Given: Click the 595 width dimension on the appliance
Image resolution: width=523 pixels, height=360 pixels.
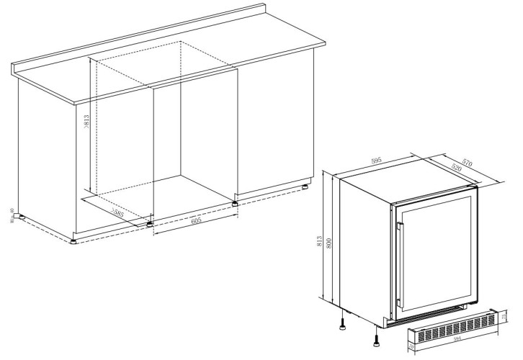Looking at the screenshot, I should click(x=376, y=161).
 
